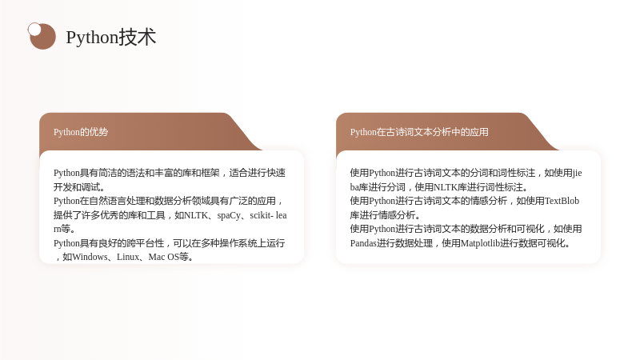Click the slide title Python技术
click(x=111, y=37)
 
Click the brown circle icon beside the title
click(x=42, y=36)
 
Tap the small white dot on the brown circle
click(x=34, y=30)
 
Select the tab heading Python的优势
click(x=81, y=132)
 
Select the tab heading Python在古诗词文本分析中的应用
click(x=419, y=132)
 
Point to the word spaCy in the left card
click(x=229, y=215)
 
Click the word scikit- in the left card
click(x=262, y=215)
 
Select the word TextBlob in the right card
click(x=562, y=201)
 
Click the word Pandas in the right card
click(x=363, y=243)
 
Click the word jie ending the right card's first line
click(x=577, y=173)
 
